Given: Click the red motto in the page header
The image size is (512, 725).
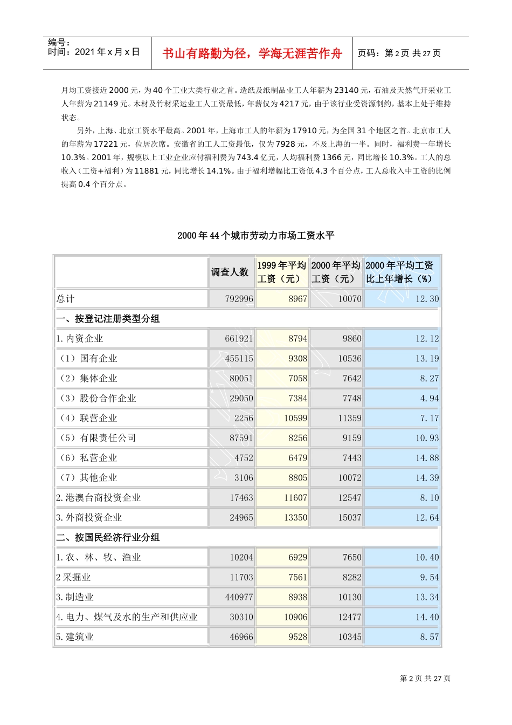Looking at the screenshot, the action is (x=252, y=53).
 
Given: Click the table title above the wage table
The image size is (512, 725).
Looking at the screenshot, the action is (x=256, y=236).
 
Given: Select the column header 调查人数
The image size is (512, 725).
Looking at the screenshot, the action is (x=230, y=272).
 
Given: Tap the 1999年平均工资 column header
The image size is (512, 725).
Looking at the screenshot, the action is (x=282, y=272).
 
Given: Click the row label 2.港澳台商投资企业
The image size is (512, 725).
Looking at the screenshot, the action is (x=98, y=497).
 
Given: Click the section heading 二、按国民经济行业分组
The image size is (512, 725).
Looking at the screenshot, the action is (x=108, y=537).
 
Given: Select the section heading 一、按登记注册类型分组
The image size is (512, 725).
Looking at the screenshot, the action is (x=108, y=319).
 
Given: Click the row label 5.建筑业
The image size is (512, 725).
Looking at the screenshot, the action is (x=75, y=637).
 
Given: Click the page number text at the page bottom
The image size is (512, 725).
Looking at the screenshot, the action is (x=425, y=679).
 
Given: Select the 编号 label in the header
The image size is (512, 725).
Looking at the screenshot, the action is (x=59, y=43).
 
